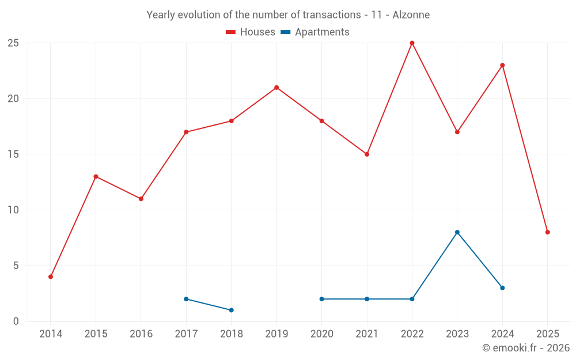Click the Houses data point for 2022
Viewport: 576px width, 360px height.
coord(412,43)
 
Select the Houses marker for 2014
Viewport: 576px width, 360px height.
coord(51,276)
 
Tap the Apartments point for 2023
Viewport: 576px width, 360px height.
coord(457,232)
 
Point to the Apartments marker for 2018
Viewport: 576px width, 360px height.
coord(232,310)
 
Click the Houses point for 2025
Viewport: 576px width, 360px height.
coord(548,232)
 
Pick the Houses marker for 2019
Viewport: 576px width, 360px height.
coord(276,88)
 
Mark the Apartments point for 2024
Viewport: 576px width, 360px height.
coord(502,288)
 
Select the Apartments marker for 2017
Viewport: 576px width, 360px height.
coord(186,299)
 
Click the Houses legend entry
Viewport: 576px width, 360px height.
coord(251,32)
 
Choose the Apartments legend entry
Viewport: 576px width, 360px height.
coord(315,32)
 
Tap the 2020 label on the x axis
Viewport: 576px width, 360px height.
coord(321,334)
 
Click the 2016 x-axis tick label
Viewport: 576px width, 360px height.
coord(141,334)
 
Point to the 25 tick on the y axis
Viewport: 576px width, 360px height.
coord(13,43)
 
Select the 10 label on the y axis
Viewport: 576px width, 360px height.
coord(13,210)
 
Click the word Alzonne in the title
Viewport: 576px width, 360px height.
coord(411,15)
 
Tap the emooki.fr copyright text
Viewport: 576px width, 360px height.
coord(526,348)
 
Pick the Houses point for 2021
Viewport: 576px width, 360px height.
coord(367,154)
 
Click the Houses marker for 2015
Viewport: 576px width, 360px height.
coord(96,176)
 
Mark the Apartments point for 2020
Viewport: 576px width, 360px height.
coord(321,299)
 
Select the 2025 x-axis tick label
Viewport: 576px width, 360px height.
coord(548,334)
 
